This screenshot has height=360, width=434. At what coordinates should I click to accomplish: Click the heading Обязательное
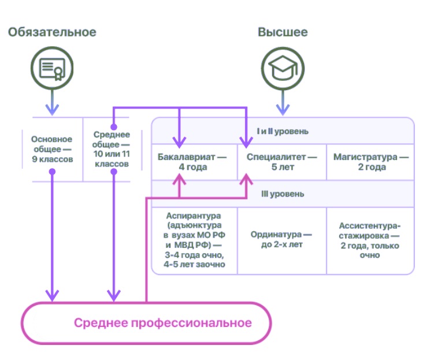(52, 32)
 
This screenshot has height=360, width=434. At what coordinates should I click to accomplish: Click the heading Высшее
(283, 32)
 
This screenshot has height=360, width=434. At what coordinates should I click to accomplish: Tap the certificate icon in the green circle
(52, 68)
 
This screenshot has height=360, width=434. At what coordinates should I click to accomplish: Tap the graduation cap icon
(283, 68)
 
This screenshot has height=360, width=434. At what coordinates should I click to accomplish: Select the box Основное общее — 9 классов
(52, 149)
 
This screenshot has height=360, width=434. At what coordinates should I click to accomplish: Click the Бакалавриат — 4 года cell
(193, 162)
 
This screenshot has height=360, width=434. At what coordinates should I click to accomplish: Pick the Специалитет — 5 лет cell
(282, 162)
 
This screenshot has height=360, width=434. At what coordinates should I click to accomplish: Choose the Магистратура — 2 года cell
(372, 162)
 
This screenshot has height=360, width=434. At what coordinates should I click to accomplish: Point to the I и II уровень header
(283, 131)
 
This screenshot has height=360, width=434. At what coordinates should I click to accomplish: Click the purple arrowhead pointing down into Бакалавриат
(180, 142)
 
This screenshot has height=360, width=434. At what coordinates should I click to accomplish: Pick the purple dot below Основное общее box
(52, 172)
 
